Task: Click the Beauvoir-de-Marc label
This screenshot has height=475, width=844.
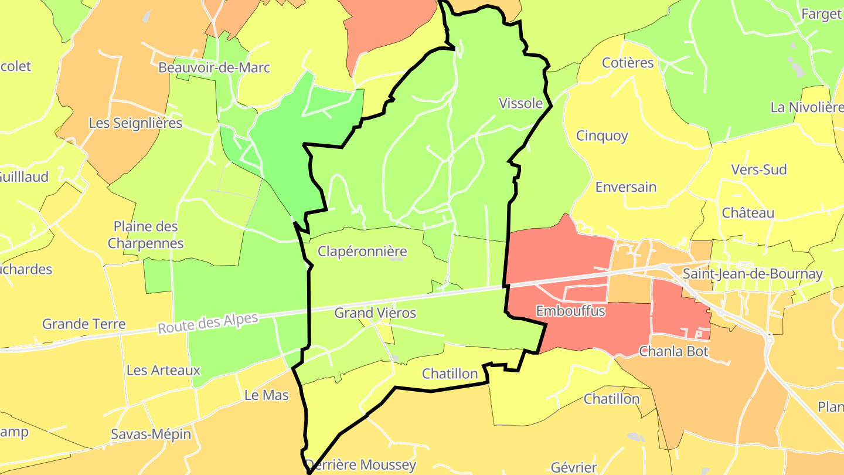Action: pos(214,67)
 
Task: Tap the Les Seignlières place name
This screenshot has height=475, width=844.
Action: pos(135,123)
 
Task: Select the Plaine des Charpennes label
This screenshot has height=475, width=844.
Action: pos(146,235)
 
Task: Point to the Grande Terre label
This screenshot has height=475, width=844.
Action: pos(84,324)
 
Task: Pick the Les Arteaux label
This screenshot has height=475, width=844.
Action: pos(164,370)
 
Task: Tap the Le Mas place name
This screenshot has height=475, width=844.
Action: pos(267,395)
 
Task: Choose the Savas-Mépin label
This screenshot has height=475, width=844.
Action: pos(151,435)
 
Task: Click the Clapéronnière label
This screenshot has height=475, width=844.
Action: pos(362,252)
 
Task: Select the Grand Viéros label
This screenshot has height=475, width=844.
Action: pos(375,313)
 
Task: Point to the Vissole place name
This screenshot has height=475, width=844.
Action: pos(520,103)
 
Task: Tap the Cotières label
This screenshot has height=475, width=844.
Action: pos(628,63)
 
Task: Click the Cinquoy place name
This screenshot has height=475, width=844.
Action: pos(602,136)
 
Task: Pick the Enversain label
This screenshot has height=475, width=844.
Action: pos(626,187)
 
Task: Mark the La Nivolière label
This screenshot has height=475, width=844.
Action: pos(806,107)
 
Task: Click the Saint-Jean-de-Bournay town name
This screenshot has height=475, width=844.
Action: pos(753,274)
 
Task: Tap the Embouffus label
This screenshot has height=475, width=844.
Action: pos(570,311)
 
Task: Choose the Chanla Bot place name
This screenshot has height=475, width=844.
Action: pos(673,352)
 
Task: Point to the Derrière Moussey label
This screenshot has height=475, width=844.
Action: pos(361,466)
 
